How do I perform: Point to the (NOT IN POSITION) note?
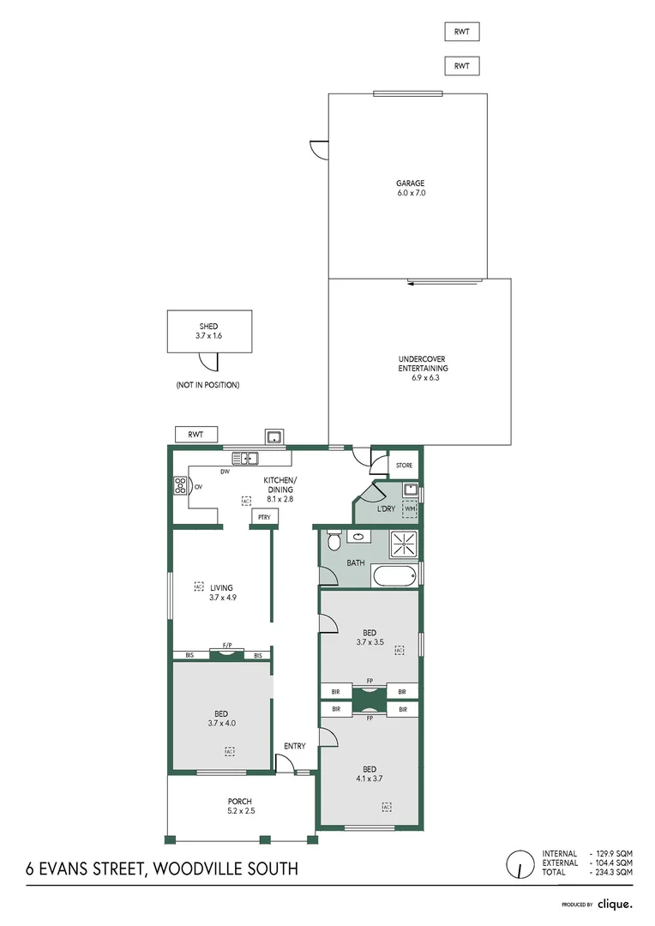207,385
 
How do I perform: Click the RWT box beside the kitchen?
196,435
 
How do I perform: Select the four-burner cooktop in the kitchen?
180,486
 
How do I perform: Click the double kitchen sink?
245,458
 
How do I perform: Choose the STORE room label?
404,466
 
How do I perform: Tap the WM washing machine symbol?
410,509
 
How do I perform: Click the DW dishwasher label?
225,472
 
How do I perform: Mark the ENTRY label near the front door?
294,746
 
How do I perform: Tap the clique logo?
616,904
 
